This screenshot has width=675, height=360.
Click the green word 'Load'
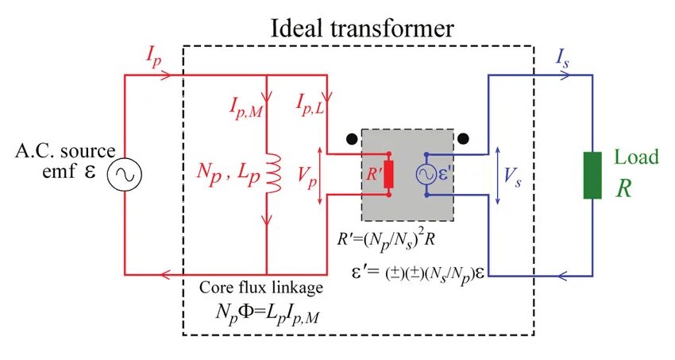(x=632, y=157)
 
